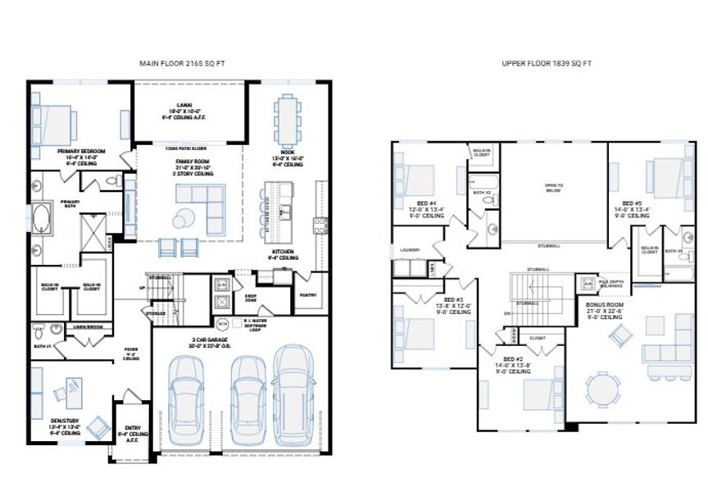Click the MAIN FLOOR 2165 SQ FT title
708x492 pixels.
(x=179, y=63)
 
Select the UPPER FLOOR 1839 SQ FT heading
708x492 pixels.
(x=547, y=63)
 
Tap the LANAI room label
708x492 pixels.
(x=190, y=108)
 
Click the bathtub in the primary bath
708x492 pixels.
(x=42, y=222)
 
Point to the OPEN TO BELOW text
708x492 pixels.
(x=555, y=186)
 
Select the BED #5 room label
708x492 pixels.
(x=630, y=203)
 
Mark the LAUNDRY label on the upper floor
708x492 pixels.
(x=410, y=249)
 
